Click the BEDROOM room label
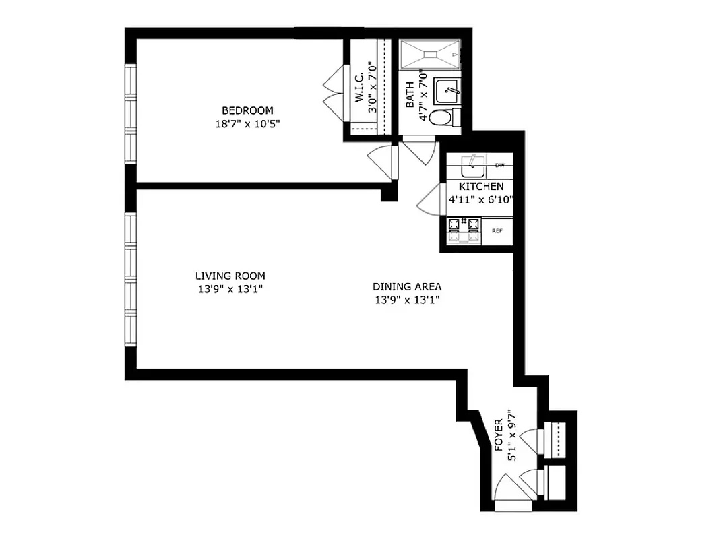(x=248, y=110)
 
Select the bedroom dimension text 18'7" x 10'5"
(x=248, y=123)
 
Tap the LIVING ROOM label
(x=230, y=276)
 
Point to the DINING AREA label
(x=407, y=287)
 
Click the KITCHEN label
(x=480, y=186)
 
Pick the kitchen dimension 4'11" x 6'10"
(x=481, y=199)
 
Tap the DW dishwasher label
(x=499, y=165)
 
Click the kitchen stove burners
(x=464, y=224)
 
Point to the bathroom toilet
(x=442, y=118)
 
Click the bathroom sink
(x=446, y=90)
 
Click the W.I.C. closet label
(x=358, y=84)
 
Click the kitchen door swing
(x=429, y=201)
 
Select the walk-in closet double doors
(x=334, y=94)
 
